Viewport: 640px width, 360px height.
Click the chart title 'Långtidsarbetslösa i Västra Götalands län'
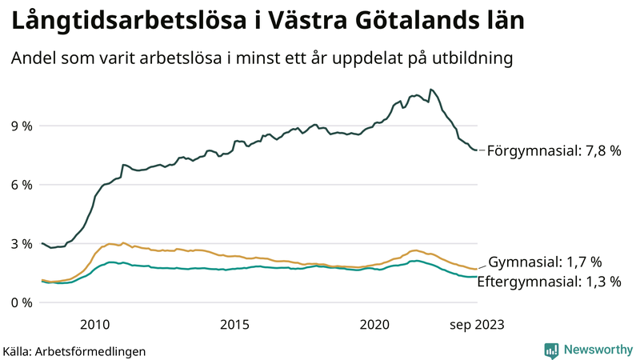pyautogui.click(x=267, y=22)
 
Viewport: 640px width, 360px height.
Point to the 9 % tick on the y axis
pyautogui.click(x=21, y=126)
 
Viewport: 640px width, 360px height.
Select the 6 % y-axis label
pyautogui.click(x=21, y=185)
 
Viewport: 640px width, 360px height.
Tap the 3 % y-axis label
pyautogui.click(x=21, y=244)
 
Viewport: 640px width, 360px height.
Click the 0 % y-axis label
pyautogui.click(x=21, y=302)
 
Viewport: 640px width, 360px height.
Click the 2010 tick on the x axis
pyautogui.click(x=95, y=324)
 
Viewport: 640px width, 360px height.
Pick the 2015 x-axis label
pyautogui.click(x=235, y=324)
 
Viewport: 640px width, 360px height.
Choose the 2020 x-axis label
pyautogui.click(x=375, y=324)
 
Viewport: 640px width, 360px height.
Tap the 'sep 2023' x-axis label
pyautogui.click(x=477, y=324)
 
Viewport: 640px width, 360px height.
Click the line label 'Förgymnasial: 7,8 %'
pyautogui.click(x=554, y=150)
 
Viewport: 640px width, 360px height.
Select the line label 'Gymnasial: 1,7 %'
pyautogui.click(x=545, y=262)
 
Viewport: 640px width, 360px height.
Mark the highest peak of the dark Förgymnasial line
pyautogui.click(x=431, y=90)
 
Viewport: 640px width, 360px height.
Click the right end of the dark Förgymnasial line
pyautogui.click(x=478, y=150)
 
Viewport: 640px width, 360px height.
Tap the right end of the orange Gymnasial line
pyautogui.click(x=478, y=269)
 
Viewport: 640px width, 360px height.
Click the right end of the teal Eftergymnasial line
pyautogui.click(x=478, y=277)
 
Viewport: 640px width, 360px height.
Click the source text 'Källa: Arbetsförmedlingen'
pyautogui.click(x=74, y=351)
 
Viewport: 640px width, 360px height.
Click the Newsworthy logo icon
pyautogui.click(x=551, y=350)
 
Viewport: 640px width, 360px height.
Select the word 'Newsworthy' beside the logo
pyautogui.click(x=598, y=350)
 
